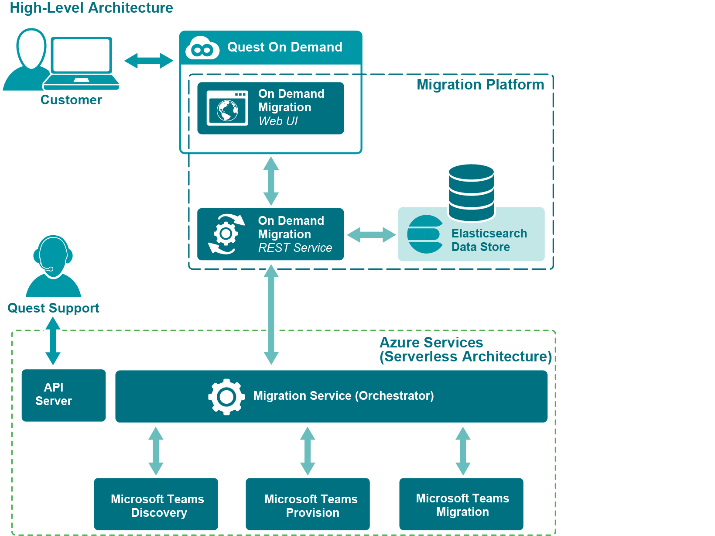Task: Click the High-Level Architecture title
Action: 91,8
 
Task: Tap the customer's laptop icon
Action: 82,62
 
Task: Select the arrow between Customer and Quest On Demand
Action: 149,61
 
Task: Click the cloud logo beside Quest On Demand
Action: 202,48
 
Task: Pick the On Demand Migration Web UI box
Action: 270,108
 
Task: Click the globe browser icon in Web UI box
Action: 227,108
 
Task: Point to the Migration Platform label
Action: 480,85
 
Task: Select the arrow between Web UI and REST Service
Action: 271,181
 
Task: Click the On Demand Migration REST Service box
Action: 270,234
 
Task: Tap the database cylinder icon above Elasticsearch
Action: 471,192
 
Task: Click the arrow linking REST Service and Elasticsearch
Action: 371,235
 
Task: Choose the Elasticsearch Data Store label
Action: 489,240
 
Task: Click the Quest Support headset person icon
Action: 53,266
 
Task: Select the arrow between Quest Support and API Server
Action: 53,341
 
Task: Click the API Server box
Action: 64,395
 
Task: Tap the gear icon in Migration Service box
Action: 226,396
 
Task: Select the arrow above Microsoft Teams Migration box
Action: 463,451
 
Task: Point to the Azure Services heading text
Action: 465,350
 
